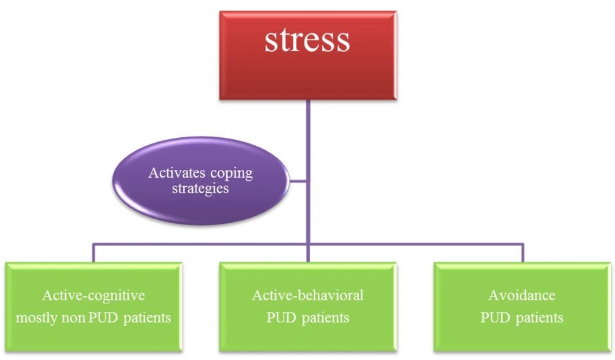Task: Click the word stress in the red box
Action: coord(307,41)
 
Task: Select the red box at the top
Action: coord(308,55)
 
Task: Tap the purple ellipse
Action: coord(201,180)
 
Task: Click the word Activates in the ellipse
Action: coord(177,173)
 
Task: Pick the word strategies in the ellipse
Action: coord(200,188)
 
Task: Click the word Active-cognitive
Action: coord(93,295)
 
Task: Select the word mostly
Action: coord(32,318)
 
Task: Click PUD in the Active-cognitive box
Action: coord(103,317)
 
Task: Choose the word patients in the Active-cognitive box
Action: coord(147,318)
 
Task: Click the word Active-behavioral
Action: coord(308,295)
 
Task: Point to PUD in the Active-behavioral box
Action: coord(281,317)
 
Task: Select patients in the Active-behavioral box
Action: coord(325,318)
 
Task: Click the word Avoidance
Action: coord(522,295)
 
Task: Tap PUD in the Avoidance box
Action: coord(495,317)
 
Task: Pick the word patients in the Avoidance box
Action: coord(539,318)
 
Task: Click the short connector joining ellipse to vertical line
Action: coord(298,181)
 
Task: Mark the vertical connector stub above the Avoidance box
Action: coord(523,253)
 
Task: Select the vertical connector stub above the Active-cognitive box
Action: coord(93,253)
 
